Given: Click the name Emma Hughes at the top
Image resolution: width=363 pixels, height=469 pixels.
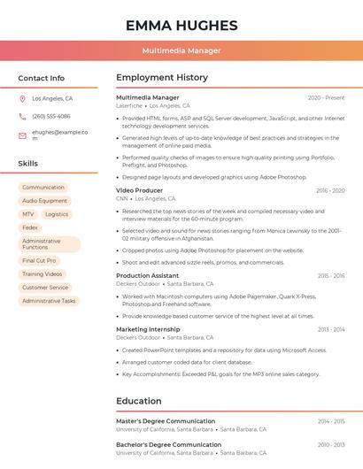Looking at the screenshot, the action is [181, 25].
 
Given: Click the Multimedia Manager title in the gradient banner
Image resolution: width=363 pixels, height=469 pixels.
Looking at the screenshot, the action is [181, 50].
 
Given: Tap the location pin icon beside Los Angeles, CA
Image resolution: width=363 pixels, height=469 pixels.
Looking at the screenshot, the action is [22, 99].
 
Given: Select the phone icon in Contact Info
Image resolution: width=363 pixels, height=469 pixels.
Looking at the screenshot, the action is [22, 116].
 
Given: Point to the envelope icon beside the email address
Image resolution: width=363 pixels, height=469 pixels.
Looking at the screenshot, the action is [22, 135].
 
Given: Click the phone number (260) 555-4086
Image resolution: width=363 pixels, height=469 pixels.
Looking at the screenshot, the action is [51, 116].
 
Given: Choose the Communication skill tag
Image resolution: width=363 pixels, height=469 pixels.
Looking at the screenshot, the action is [43, 188].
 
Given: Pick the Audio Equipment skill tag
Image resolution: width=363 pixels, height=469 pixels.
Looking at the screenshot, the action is [44, 201].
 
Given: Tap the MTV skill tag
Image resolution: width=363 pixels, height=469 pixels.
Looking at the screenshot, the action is [28, 214].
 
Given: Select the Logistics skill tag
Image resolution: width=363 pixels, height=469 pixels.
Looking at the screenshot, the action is [57, 214].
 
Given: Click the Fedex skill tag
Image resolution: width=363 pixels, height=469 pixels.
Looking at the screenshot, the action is [30, 227].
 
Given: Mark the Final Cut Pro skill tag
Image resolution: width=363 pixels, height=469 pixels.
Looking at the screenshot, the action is [39, 261].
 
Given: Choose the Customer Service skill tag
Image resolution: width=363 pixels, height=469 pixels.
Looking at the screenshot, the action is [45, 288].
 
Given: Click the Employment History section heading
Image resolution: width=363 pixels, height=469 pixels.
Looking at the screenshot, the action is [162, 78].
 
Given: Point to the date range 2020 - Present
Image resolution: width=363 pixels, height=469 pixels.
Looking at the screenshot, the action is [326, 97].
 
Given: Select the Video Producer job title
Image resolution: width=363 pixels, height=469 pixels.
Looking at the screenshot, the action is [140, 190].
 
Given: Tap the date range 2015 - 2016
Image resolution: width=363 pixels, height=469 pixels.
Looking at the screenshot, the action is [331, 276].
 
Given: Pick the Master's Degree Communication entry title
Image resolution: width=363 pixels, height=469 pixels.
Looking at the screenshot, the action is [166, 421].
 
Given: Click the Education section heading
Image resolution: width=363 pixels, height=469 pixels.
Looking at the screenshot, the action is [139, 401].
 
